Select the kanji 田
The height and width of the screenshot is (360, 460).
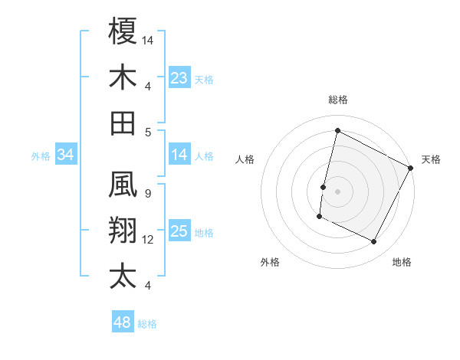coord(123,123)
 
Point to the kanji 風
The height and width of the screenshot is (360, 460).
coord(123,184)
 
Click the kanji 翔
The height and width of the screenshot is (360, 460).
coord(123,230)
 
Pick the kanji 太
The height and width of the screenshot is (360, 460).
coord(123,276)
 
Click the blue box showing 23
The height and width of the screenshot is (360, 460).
coord(179,77)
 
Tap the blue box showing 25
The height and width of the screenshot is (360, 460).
coord(179,231)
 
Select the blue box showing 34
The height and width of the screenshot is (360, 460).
coord(66,155)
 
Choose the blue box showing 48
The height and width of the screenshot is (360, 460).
coord(123,322)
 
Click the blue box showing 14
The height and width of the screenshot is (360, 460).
coord(179,155)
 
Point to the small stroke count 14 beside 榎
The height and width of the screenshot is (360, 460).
coord(149,38)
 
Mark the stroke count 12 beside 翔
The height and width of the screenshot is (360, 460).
coord(148,240)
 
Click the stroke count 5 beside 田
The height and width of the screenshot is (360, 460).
coord(147,132)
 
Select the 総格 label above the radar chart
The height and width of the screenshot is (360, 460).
coord(338,100)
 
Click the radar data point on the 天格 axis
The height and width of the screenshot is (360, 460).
coord(411,169)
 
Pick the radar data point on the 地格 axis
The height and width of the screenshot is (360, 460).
coord(374,242)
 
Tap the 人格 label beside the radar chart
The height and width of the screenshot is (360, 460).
coord(245,159)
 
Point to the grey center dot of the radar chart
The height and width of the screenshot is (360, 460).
coord(337,191)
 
